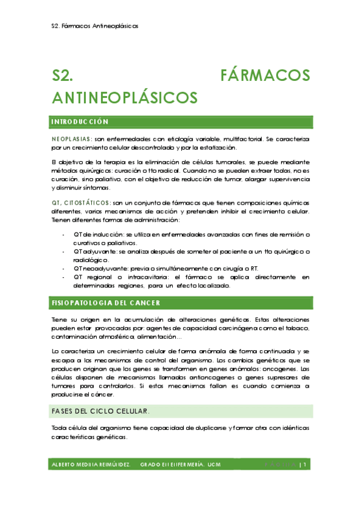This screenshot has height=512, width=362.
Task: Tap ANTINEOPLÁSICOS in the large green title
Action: (125, 97)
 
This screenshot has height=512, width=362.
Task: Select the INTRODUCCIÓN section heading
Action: (80, 122)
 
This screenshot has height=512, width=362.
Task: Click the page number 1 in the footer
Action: (306, 464)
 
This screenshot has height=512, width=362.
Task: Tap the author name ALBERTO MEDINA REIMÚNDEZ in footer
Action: (91, 464)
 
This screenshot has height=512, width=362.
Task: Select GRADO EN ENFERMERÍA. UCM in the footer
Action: (181, 464)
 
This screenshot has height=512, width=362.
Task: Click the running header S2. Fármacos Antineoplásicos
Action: (95, 26)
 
